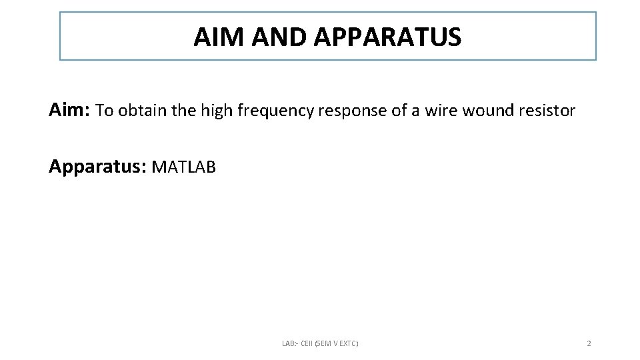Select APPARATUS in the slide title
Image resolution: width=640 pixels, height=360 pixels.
[x=389, y=37]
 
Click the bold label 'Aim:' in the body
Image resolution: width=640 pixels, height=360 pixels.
[x=70, y=110]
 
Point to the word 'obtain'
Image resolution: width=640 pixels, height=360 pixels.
[x=143, y=111]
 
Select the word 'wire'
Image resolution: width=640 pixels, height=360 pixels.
[x=441, y=111]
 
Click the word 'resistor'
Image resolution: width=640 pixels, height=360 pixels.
[x=547, y=111]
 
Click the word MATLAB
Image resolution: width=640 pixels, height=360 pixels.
[x=184, y=167]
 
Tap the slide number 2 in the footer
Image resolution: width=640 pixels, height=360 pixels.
[x=589, y=343]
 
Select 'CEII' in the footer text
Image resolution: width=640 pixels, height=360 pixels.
[x=307, y=343]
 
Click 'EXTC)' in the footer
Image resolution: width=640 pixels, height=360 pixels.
[x=349, y=343]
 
